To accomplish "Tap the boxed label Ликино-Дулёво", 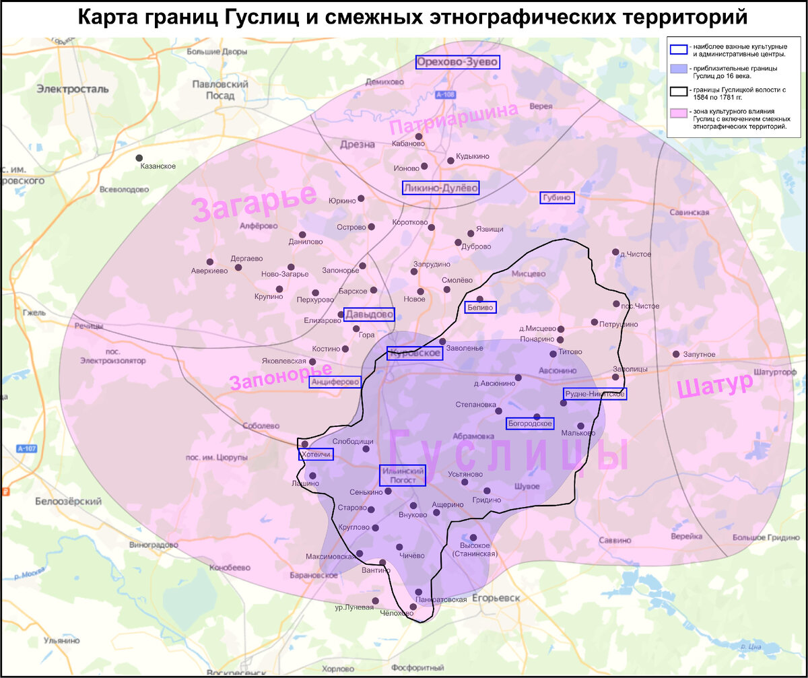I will [440, 188].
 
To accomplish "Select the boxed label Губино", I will [557, 197].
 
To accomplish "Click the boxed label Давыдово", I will [369, 314].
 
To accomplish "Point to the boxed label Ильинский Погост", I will [403, 475].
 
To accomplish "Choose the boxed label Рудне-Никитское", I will [595, 394].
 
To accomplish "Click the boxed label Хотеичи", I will [316, 455].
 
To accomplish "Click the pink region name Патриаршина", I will [454, 119].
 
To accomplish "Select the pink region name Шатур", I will [714, 386].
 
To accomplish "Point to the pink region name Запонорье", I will [281, 377].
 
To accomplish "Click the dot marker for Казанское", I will [139, 158].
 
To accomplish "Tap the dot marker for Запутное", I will [676, 354].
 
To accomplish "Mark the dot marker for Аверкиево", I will [209, 262].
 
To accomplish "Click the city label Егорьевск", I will [497, 598].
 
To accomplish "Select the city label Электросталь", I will [73, 89].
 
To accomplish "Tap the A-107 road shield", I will [27, 448].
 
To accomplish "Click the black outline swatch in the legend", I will [679, 92].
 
